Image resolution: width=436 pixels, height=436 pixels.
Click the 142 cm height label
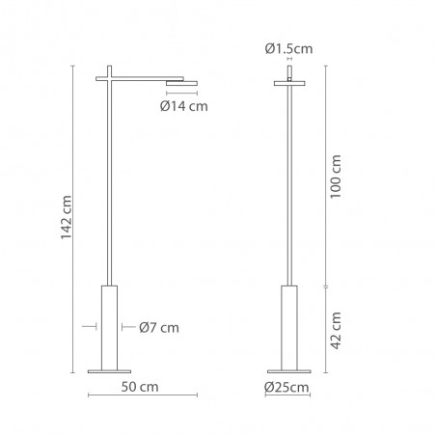point(67,217)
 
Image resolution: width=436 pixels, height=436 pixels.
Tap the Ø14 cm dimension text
point(184,106)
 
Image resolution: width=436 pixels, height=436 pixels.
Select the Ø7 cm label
point(159,328)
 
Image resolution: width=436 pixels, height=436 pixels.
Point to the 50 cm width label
point(140,387)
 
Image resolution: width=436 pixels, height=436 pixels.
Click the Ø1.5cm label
point(288,49)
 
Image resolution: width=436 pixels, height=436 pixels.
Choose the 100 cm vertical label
point(336,177)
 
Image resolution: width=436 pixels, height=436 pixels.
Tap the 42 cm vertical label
point(336,330)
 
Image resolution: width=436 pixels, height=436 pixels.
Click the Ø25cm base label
point(286,387)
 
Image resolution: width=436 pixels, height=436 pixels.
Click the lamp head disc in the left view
point(181,84)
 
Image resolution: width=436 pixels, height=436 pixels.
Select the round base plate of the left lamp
point(109,371)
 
